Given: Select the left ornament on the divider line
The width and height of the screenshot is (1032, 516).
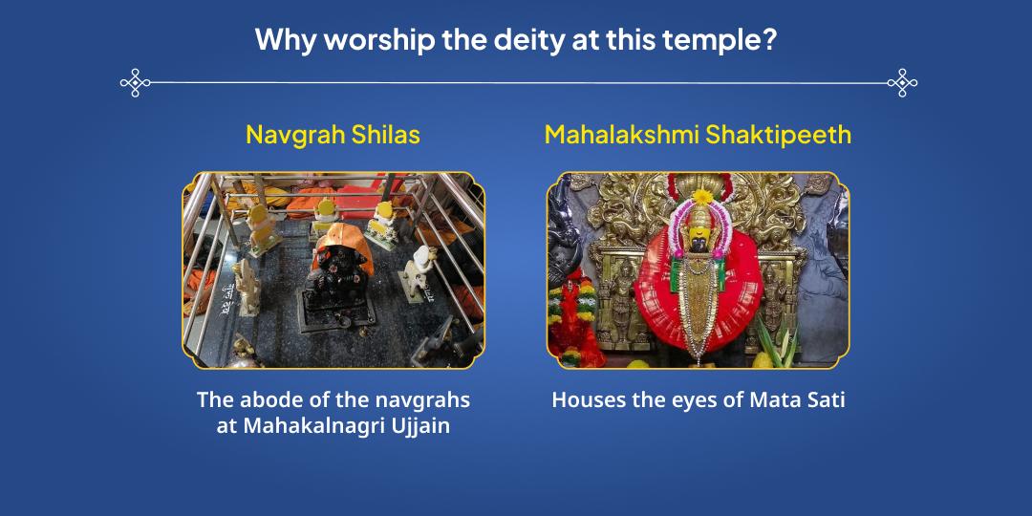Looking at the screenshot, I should pos(136,83).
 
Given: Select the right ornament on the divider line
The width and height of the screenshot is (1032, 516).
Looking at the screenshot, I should pos(901,83).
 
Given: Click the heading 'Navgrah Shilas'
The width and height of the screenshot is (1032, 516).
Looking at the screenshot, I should pos(333,135).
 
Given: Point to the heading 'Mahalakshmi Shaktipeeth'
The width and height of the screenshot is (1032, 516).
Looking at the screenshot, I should pos(698,135).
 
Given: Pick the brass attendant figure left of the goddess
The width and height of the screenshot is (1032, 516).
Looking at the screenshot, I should pos(621,296).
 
